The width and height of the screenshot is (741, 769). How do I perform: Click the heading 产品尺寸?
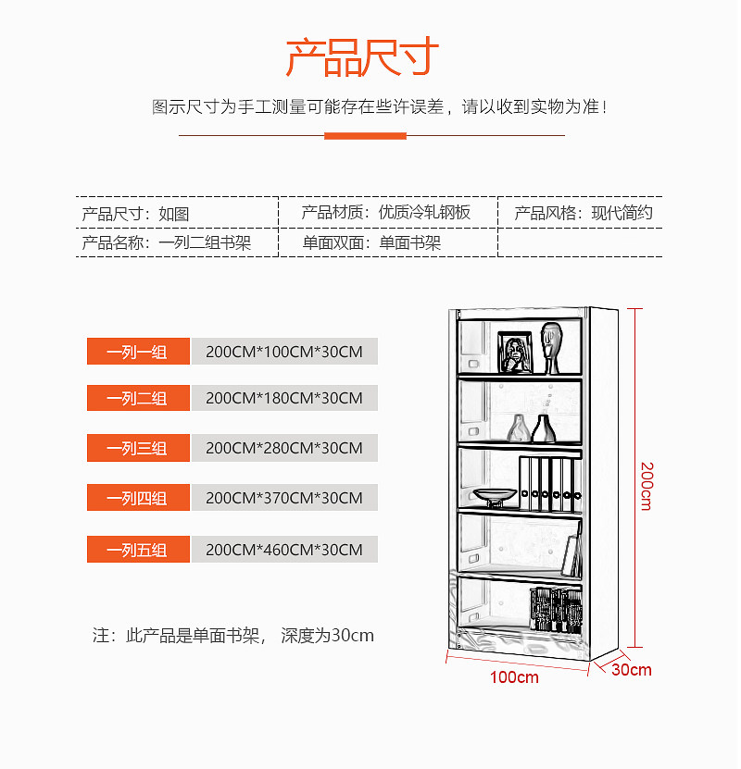(361, 57)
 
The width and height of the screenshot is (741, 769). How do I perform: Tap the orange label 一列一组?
(138, 352)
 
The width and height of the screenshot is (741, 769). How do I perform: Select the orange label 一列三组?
(138, 449)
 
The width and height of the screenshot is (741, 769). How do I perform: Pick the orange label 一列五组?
(138, 550)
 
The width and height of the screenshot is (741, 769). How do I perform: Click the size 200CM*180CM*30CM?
(284, 399)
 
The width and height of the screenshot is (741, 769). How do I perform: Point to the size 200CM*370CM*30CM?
(284, 499)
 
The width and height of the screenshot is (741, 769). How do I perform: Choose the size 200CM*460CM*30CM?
(284, 550)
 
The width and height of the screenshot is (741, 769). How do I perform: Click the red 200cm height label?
(646, 485)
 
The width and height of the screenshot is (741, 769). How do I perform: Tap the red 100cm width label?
(514, 677)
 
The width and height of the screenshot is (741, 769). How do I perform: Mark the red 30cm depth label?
(632, 670)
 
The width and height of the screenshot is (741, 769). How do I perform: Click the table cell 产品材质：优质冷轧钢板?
(385, 213)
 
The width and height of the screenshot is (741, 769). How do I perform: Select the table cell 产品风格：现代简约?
(584, 213)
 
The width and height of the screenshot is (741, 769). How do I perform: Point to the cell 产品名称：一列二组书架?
(167, 243)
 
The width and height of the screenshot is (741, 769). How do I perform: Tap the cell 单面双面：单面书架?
(371, 243)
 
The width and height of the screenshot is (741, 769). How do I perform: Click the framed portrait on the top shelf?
(514, 353)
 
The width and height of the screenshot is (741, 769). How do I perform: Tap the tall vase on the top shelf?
(551, 346)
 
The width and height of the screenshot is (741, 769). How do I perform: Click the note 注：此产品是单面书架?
(232, 636)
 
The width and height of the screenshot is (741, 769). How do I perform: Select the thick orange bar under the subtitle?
(365, 136)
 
